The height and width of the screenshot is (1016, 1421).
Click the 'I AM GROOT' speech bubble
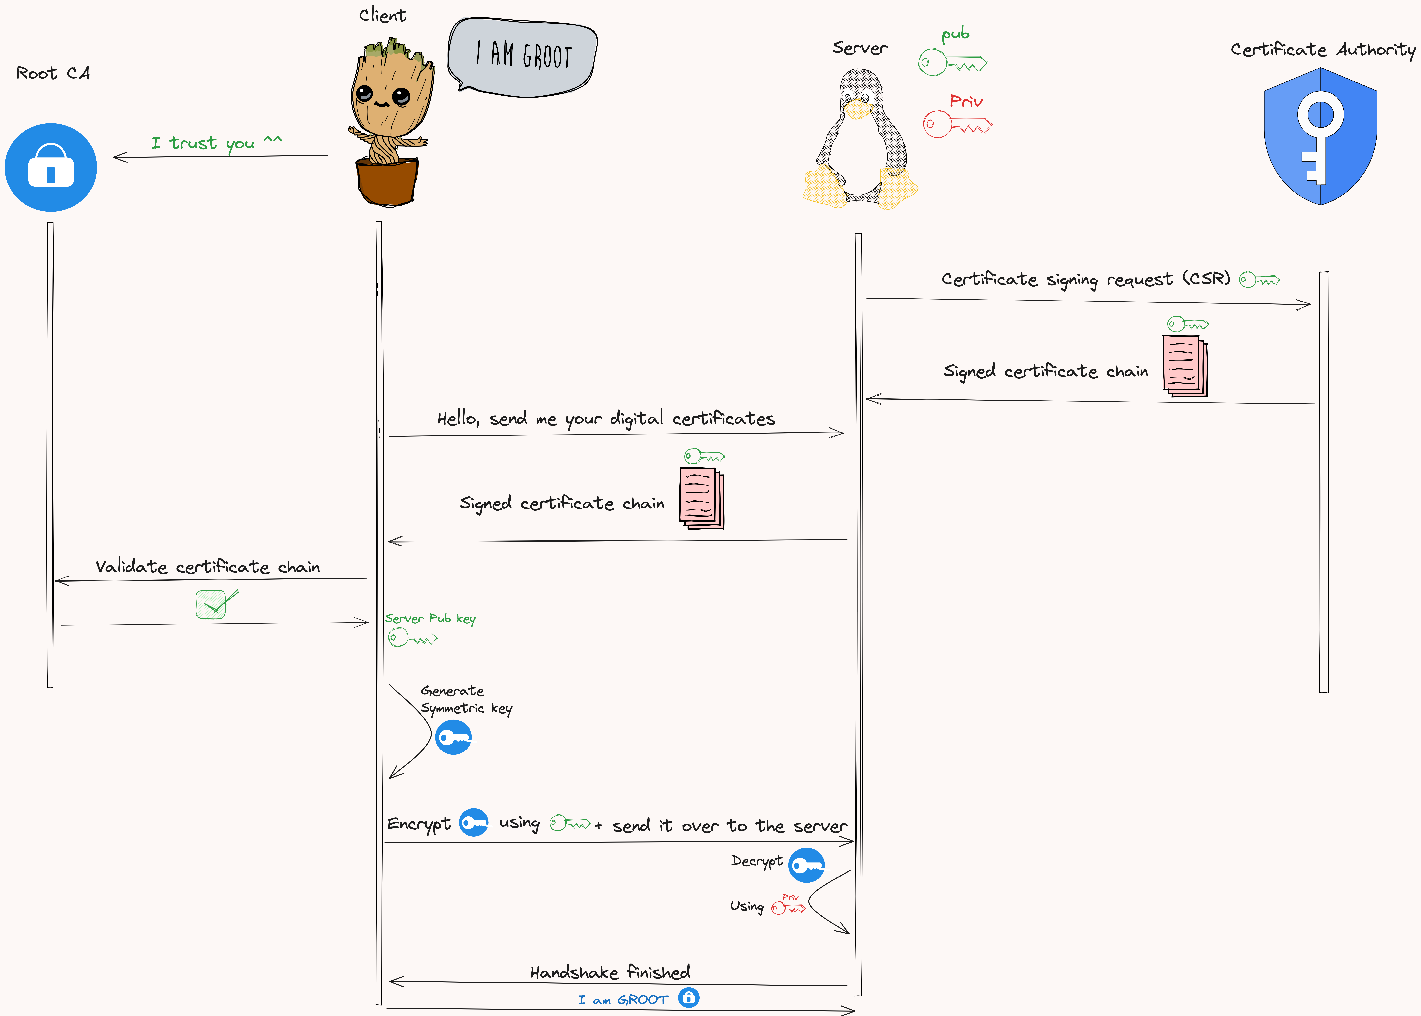coord(523,56)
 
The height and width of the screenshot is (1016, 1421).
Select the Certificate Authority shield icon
coord(1320,136)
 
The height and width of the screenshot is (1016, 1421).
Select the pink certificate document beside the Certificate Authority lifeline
coord(1184,366)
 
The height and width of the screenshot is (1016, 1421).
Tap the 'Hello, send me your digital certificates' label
coord(606,418)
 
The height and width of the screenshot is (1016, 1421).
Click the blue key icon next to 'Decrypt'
coord(806,865)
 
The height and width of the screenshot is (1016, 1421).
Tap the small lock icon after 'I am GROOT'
coord(689,998)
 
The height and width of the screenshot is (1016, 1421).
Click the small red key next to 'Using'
coord(788,908)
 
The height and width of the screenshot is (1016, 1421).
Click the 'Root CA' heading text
coord(53,73)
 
